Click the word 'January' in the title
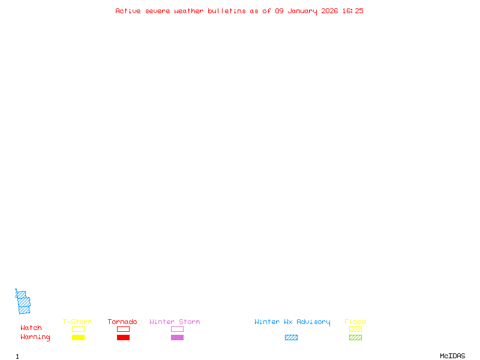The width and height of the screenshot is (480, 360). [302, 11]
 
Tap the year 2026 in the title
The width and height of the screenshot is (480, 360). [329, 11]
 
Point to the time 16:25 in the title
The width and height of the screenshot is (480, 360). [353, 11]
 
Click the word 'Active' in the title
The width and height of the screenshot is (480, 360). [128, 11]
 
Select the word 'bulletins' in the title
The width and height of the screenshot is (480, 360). [227, 11]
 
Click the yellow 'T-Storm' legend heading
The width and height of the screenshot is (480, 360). [77, 322]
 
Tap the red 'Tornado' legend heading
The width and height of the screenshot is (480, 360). [122, 322]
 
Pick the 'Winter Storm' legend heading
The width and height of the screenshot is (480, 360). [175, 322]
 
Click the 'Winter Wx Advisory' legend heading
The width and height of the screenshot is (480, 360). [292, 322]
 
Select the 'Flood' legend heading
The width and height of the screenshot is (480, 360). [355, 322]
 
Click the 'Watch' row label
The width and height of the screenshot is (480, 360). [31, 328]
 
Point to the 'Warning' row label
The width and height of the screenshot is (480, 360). [35, 337]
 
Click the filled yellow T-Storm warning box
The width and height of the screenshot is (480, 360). [79, 337]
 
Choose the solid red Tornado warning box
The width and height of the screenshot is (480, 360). [124, 337]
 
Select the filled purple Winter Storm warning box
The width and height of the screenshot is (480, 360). [177, 337]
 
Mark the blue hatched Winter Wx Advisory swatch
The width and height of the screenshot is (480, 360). [291, 337]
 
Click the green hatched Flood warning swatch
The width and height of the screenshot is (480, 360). [355, 337]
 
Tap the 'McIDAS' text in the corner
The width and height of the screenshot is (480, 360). [452, 356]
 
